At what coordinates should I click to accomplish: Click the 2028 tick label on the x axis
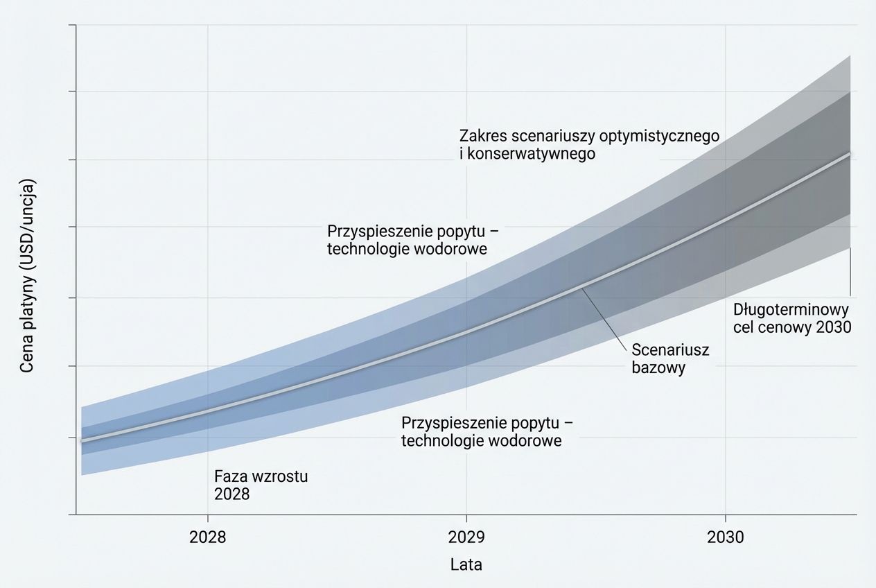tap(207, 537)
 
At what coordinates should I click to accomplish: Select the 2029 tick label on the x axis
tap(466, 537)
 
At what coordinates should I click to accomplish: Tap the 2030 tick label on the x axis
tap(725, 537)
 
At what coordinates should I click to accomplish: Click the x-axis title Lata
tap(466, 564)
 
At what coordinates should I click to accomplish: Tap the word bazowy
tap(658, 367)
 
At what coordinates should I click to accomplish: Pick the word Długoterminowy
tap(791, 309)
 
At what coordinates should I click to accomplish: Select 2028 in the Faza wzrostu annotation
tap(231, 494)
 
